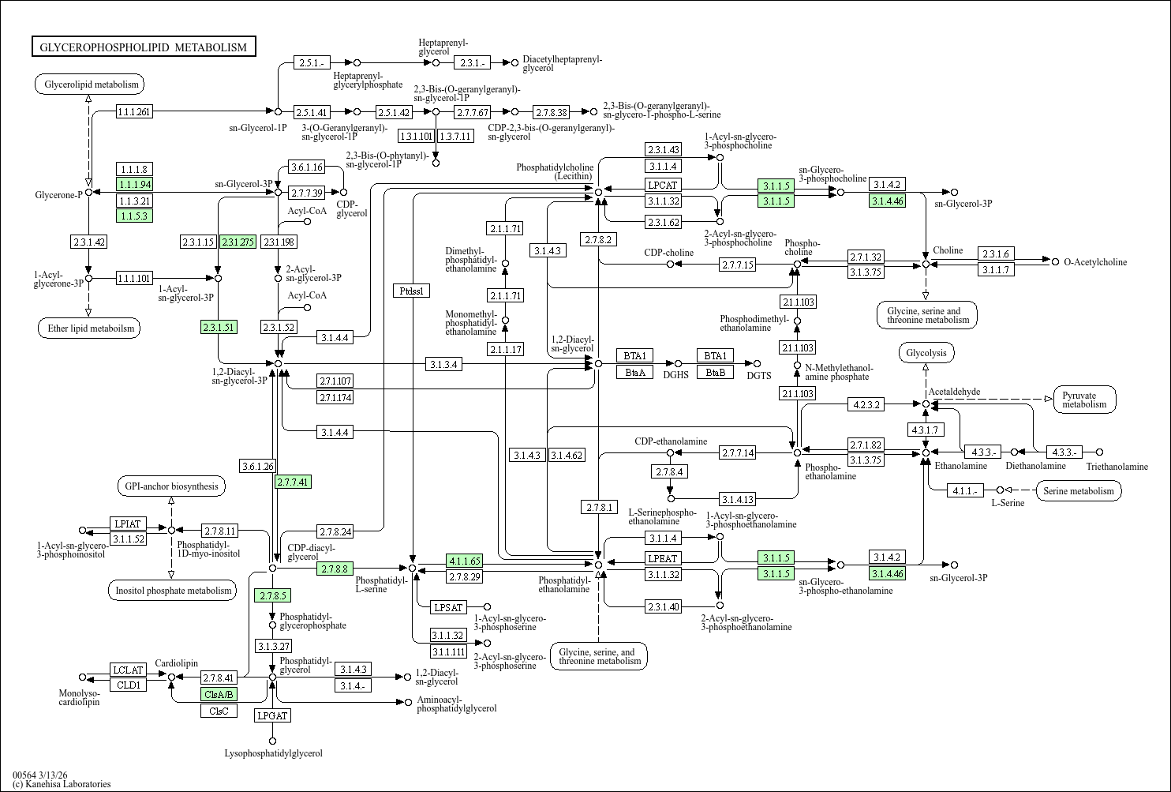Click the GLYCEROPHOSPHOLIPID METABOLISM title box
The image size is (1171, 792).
click(144, 47)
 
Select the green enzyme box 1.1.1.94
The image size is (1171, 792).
click(134, 184)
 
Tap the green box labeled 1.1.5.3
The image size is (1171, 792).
click(134, 216)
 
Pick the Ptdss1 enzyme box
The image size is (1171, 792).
click(411, 291)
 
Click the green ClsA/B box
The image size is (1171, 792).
click(219, 695)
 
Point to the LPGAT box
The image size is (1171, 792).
click(272, 715)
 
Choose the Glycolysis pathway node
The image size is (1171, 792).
click(926, 353)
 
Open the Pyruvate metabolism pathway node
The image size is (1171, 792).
click(1084, 400)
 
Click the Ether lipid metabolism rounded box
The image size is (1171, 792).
click(88, 328)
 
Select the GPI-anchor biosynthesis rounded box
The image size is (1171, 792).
click(171, 486)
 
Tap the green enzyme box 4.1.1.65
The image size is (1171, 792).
click(464, 561)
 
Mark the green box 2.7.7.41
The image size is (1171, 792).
click(293, 482)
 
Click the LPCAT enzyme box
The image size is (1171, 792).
click(663, 185)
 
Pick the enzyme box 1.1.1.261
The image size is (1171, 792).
click(134, 112)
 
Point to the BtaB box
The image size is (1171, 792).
click(715, 372)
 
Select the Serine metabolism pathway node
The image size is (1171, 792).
click(1078, 491)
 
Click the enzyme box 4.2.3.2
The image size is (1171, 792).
click(866, 404)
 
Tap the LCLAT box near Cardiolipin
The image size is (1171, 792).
click(128, 670)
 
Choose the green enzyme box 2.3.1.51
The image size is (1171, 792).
click(219, 327)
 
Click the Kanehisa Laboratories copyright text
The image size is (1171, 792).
click(62, 784)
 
